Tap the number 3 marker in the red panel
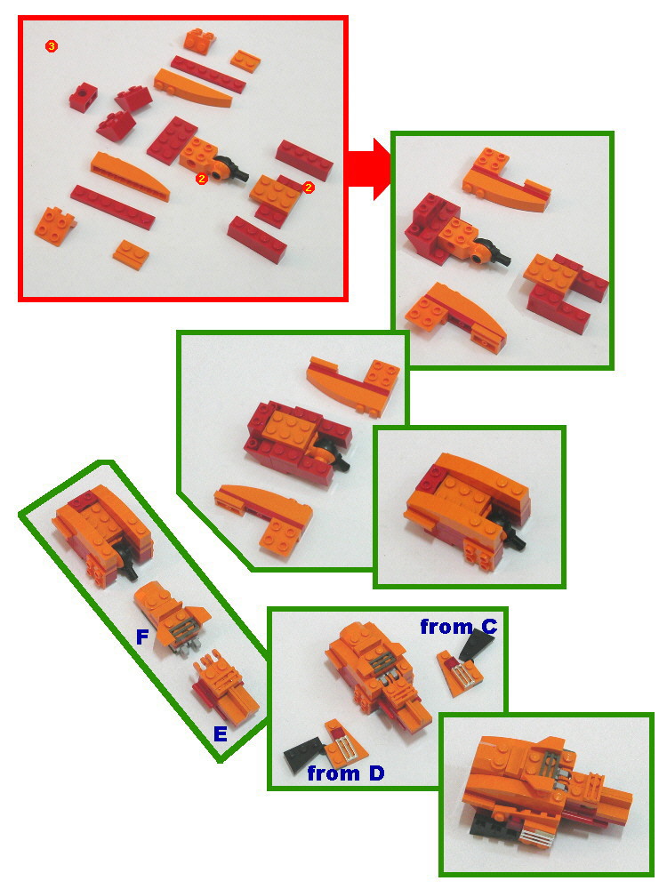pyautogui.click(x=51, y=46)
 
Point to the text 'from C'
pyautogui.click(x=458, y=627)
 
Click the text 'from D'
pyautogui.click(x=345, y=773)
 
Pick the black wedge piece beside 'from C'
pyautogui.click(x=471, y=664)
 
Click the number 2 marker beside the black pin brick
pyautogui.click(x=202, y=179)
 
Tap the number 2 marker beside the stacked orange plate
pyautogui.click(x=309, y=188)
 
